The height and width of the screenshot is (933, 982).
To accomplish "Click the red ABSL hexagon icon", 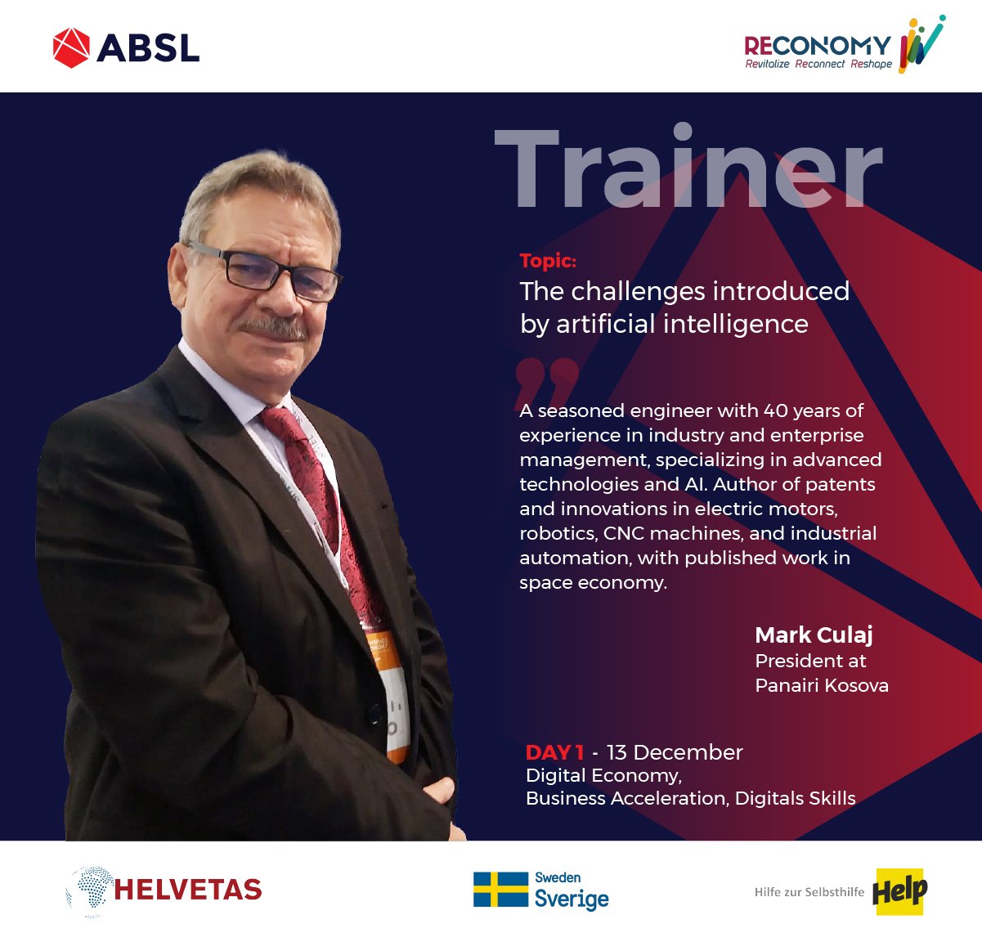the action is (71, 48).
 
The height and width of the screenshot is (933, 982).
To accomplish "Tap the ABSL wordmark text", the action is (148, 48).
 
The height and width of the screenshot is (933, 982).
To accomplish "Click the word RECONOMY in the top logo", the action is (818, 46).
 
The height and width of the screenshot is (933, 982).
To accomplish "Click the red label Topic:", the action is (548, 261).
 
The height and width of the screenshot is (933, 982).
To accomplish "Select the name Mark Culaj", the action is (814, 635).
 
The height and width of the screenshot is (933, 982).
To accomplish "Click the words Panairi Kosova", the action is (822, 685).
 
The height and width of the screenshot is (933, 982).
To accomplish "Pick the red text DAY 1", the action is (555, 752).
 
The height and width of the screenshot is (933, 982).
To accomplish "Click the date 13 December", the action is (675, 752).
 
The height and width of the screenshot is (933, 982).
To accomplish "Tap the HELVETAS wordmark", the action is (188, 890).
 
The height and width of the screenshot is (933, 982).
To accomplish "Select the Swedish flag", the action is (500, 889).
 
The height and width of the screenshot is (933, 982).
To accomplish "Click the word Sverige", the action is (572, 899).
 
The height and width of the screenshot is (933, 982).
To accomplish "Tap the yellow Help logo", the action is (899, 892).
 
